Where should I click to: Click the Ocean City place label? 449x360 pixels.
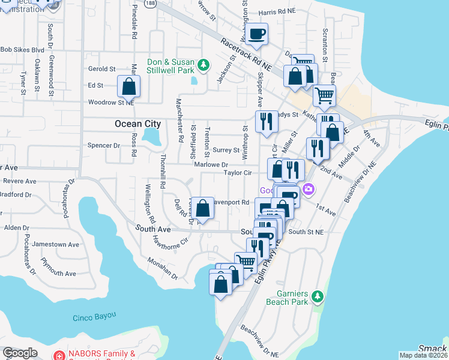click(137, 124)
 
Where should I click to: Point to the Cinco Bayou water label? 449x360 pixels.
click(93, 317)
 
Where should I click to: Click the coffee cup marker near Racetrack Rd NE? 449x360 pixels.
click(257, 35)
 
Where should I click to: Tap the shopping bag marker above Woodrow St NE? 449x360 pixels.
click(129, 86)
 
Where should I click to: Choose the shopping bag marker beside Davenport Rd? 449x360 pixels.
click(203, 209)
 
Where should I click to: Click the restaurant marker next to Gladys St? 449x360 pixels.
click(266, 121)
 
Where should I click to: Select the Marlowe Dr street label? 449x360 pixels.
click(211, 164)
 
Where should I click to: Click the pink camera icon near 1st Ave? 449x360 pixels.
click(309, 190)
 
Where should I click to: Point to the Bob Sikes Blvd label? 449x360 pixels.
click(22, 50)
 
